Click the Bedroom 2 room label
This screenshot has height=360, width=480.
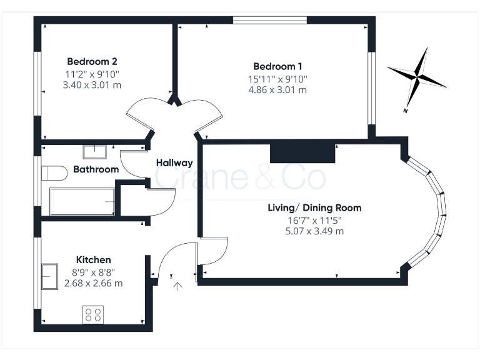coord(92,62)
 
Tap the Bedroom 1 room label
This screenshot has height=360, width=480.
coord(277,66)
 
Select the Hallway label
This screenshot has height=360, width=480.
coord(174,163)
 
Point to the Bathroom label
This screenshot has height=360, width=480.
coord(96,169)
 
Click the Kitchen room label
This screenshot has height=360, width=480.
coord(94,259)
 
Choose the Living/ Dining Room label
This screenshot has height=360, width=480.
coord(314,207)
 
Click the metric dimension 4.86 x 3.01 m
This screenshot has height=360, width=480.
coord(277,89)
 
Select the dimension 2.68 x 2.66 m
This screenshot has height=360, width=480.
coord(94,282)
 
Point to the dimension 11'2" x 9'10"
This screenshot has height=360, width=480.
coord(92,74)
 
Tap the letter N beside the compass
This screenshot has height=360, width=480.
coord(406,111)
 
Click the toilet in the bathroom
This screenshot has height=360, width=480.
coord(55,172)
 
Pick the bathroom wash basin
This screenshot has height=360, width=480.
coord(95,151)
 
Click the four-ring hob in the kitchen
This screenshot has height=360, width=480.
coord(94,315)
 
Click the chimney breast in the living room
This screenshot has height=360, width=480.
coord(302,152)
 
